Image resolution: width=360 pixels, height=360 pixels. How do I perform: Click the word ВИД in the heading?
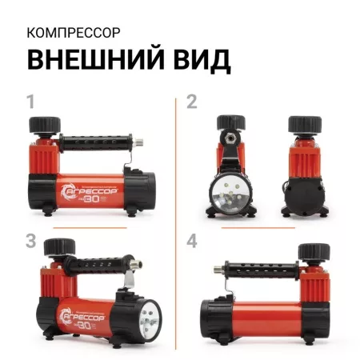(194, 61)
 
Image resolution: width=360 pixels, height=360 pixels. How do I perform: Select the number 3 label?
(31, 241)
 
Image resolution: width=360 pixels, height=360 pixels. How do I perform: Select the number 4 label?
(191, 241)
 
